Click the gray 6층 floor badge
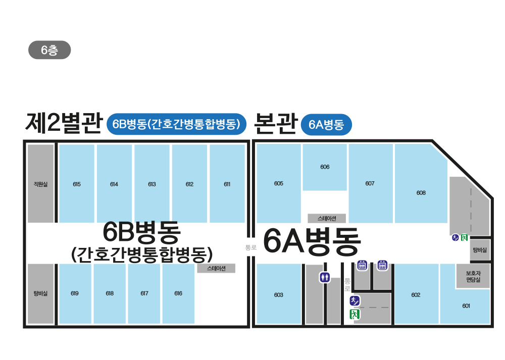pos(49,50)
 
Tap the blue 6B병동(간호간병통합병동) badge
pos(177,124)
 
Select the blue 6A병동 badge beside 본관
pos(326,125)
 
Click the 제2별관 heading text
pos(64,123)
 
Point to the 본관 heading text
pos(275,123)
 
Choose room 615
pos(77,184)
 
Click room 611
pos(227,184)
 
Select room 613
pos(152,184)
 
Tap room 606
pos(325,167)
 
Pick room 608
pos(421,192)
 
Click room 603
pos(279,294)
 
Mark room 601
pos(466,306)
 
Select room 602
pos(416,294)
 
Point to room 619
pos(75,293)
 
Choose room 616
pos(178,293)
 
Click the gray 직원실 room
pos(40,184)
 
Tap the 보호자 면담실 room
pos(473,276)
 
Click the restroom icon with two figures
pos(325,277)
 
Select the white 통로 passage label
pos(250,247)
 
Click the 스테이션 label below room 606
pos(327,219)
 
